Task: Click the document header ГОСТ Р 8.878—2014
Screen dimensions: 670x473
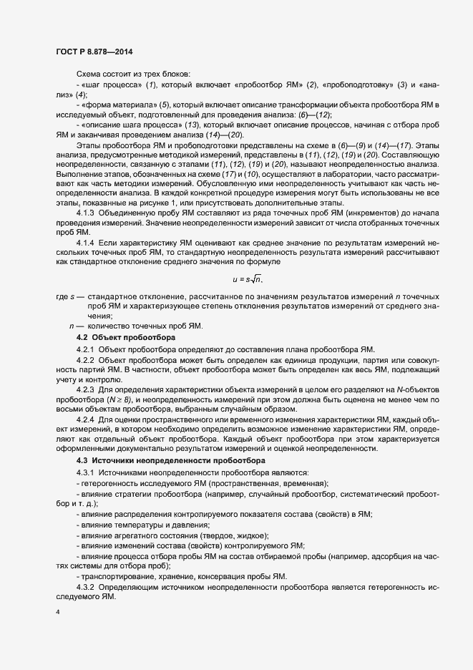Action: coord(94,52)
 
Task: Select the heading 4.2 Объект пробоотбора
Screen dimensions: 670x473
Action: coord(124,336)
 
